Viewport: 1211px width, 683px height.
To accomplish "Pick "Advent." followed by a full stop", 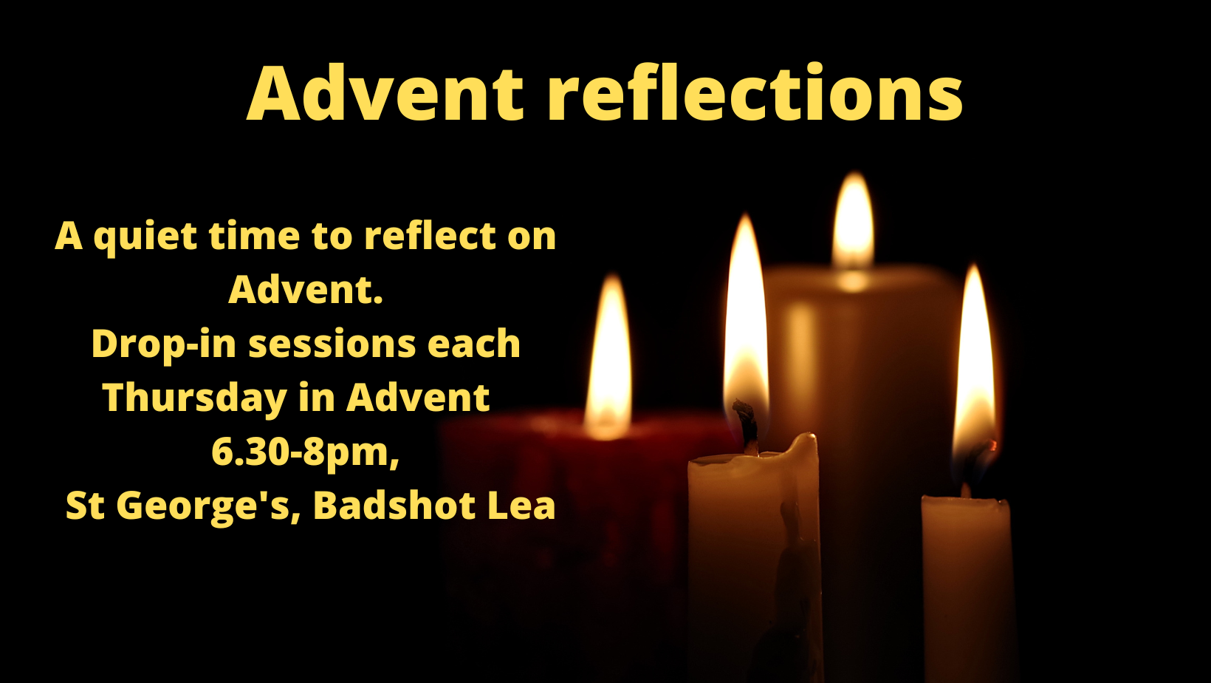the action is point(306,290).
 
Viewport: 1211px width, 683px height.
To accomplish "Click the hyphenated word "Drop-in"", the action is point(164,344).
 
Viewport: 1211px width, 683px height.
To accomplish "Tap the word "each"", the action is point(473,344).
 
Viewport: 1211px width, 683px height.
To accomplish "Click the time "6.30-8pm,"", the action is point(306,452).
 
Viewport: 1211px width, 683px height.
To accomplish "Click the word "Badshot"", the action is point(394,506).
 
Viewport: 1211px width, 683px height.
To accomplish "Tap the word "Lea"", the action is point(522,506).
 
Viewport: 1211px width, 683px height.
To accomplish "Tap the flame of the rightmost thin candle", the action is point(974,368).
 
